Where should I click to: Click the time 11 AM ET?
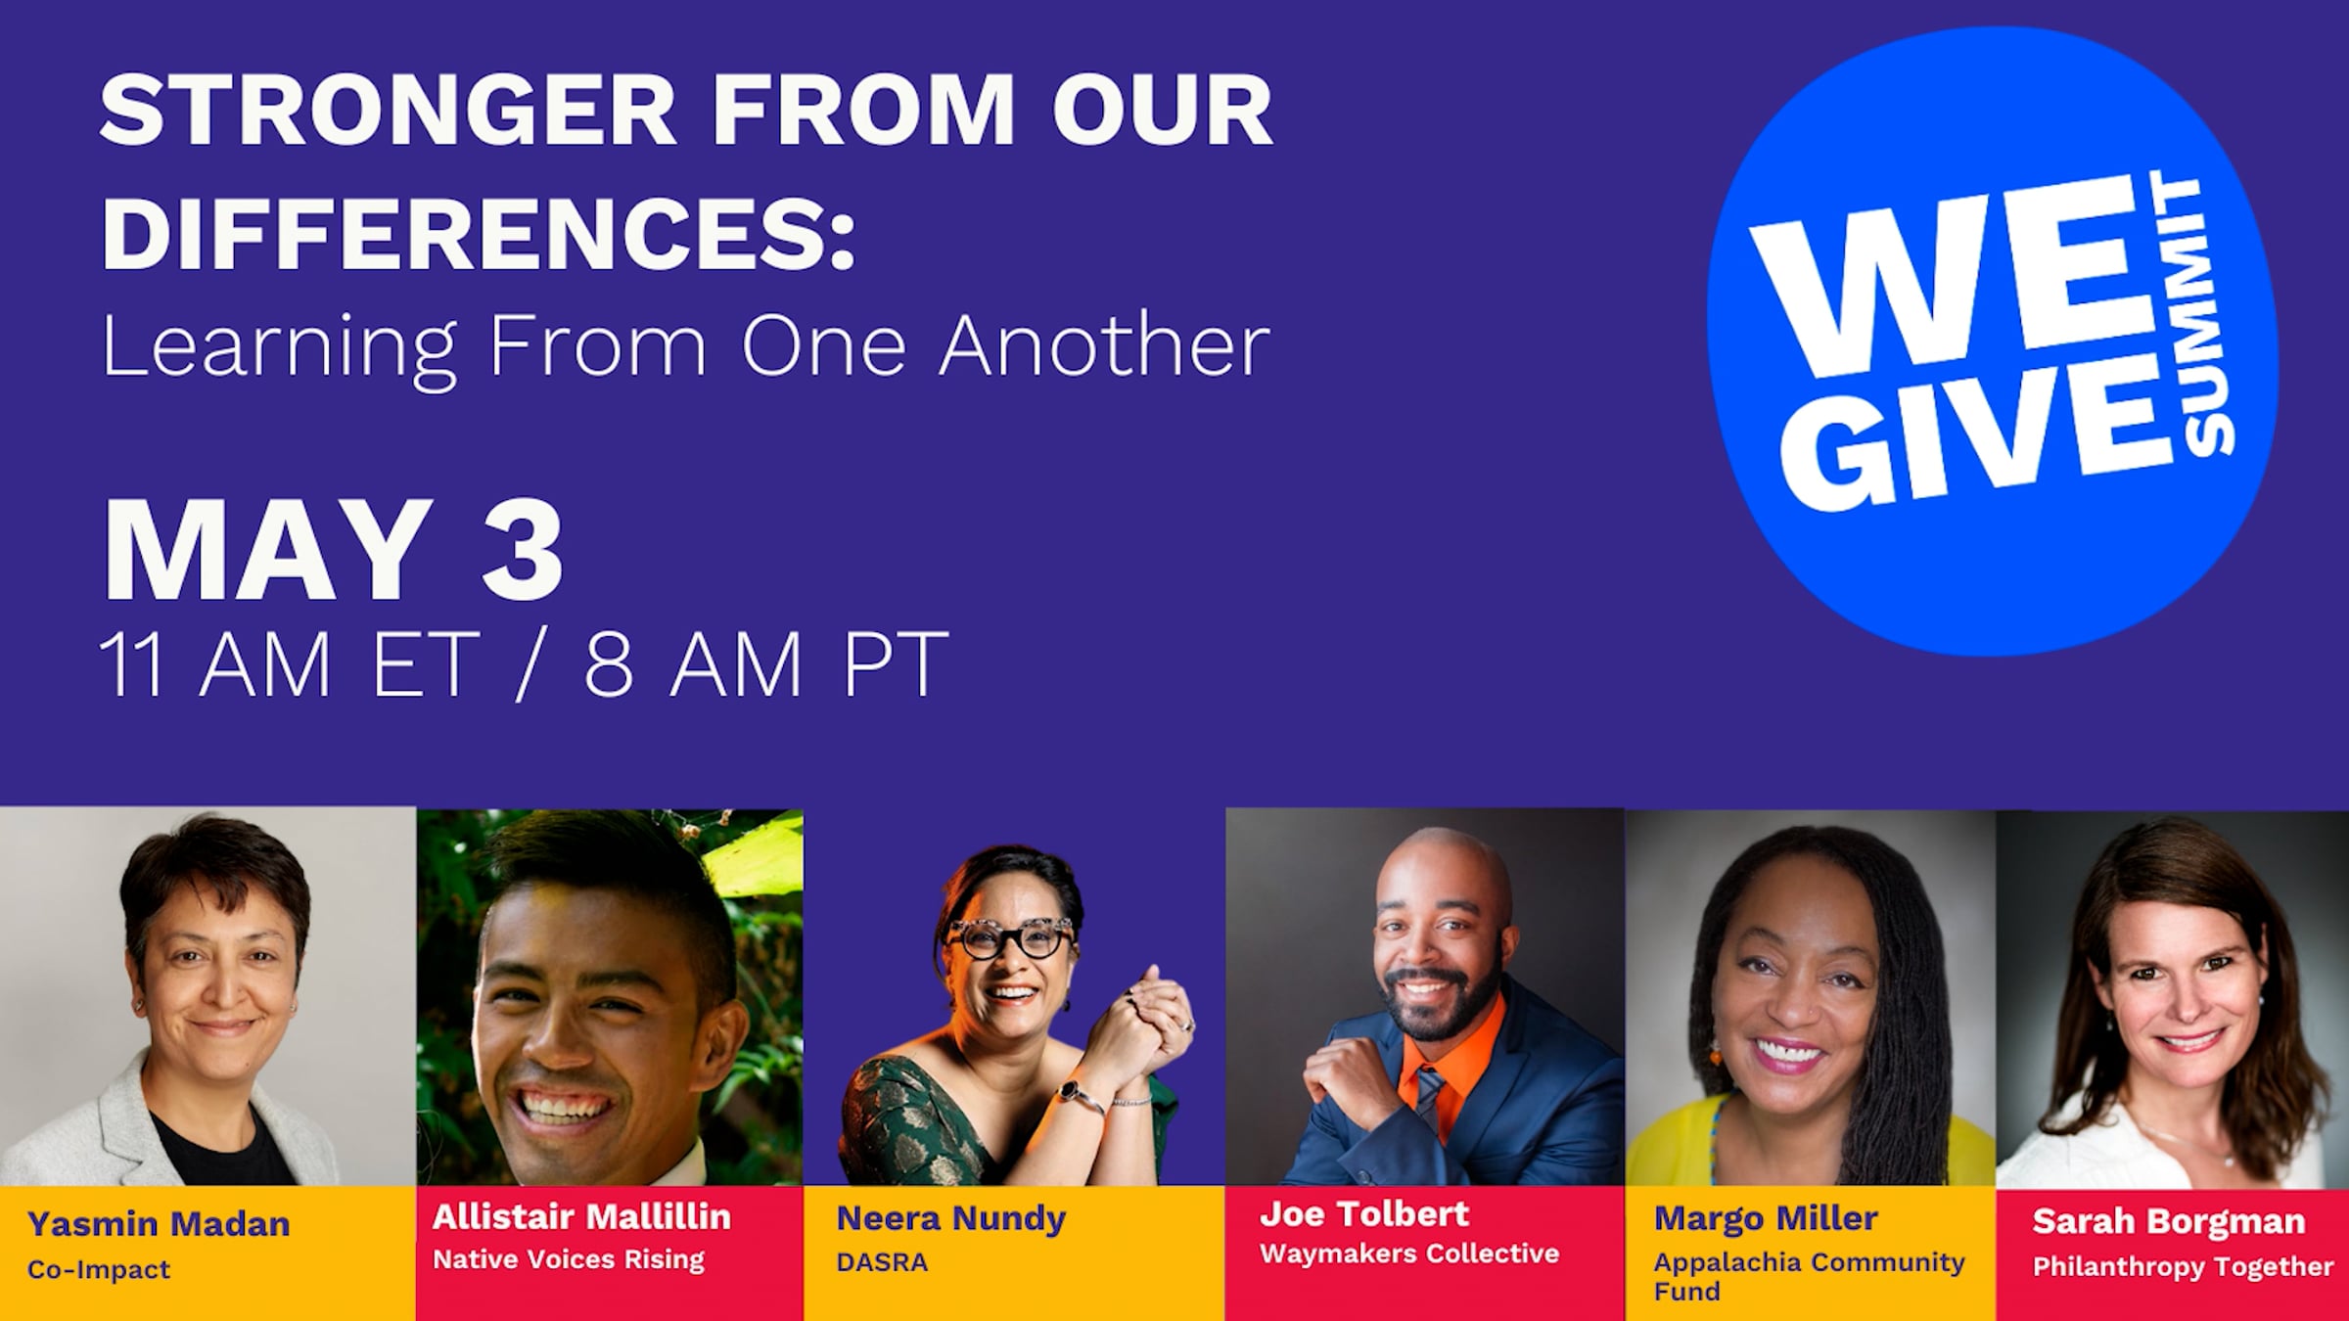(290, 665)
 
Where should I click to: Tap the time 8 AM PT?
(766, 665)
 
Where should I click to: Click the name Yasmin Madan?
(159, 1224)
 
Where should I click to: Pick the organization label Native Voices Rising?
(569, 1259)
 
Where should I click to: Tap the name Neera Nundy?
(950, 1219)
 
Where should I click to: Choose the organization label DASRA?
(882, 1262)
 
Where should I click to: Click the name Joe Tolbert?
(1364, 1214)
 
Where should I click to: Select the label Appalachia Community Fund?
(1809, 1276)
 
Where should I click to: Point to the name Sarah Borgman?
(2169, 1221)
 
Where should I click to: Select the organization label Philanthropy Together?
(2183, 1267)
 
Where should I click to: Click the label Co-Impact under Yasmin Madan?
(99, 1269)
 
